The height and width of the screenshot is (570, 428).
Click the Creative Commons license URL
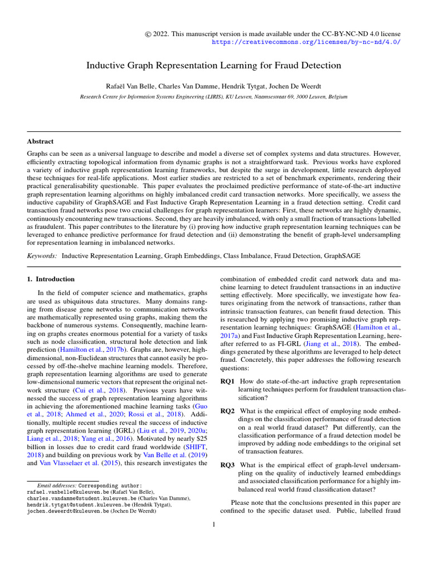coord(307,42)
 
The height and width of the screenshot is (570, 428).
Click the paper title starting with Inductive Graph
coord(213,66)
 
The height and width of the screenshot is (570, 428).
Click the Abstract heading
coord(40,141)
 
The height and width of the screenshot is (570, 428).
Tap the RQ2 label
coord(227,411)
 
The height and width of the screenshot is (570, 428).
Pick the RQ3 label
coord(227,464)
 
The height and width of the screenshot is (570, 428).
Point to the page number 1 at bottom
coord(213,524)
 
